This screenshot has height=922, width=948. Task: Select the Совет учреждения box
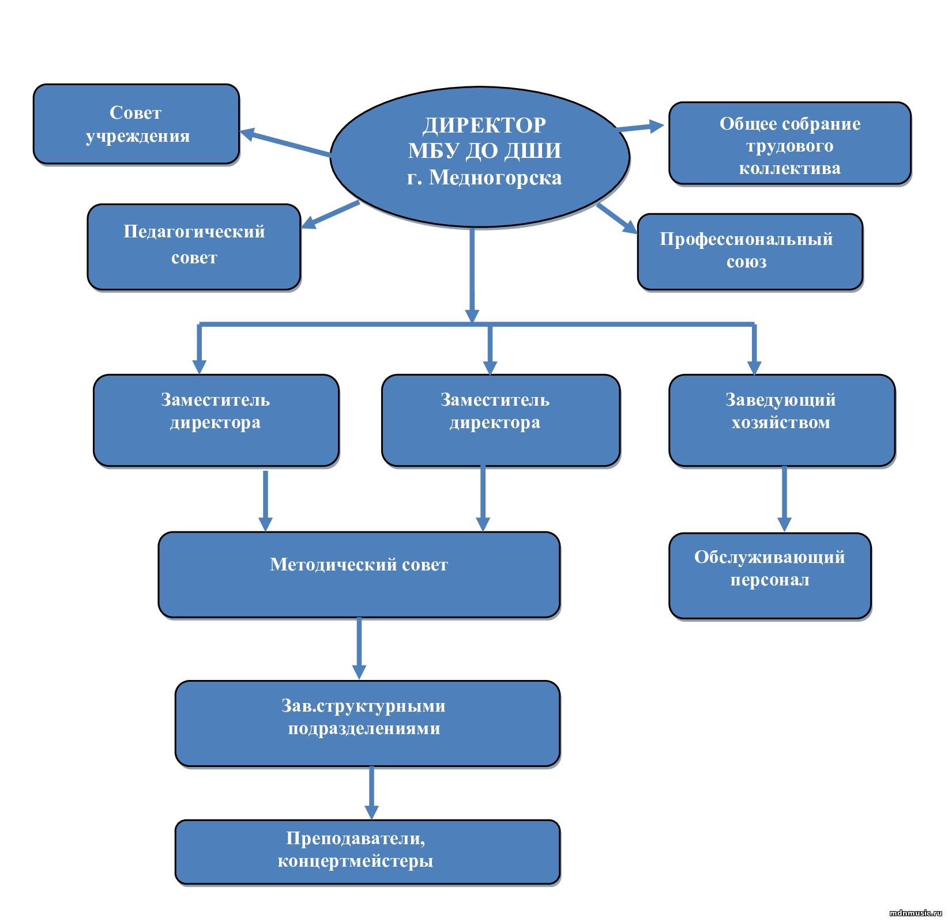pos(136,124)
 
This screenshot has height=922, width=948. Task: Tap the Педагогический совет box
pos(194,246)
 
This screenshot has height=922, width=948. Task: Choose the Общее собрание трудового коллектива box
pos(789,144)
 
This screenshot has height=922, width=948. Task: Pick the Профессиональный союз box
pos(750,251)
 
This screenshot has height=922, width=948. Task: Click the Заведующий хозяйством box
pos(781,420)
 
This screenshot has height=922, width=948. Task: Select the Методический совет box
pos(359,575)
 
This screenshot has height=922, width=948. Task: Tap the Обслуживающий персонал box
pos(770,575)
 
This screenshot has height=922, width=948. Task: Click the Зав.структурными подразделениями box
pos(367,723)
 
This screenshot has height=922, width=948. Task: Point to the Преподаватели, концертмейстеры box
pos(367,851)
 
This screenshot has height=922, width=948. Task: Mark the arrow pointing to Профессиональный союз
pos(617,218)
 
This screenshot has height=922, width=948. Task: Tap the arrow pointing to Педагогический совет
pos(330,214)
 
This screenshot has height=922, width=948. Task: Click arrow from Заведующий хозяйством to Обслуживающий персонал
pos(784,498)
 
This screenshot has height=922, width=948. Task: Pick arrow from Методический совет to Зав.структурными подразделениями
pos(359,648)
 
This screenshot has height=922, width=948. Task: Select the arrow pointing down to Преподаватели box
pos(371,792)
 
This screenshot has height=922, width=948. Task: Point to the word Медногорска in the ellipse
pos(495,177)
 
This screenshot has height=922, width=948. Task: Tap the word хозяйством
pos(781,422)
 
